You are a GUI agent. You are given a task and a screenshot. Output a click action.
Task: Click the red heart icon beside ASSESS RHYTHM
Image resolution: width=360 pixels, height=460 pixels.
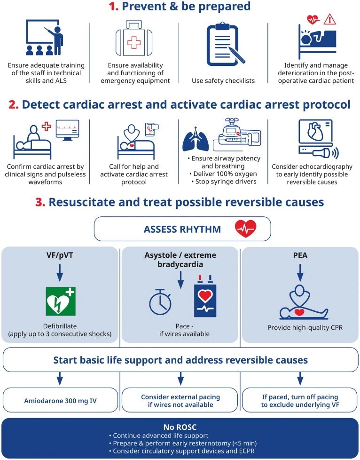(x=246, y=229)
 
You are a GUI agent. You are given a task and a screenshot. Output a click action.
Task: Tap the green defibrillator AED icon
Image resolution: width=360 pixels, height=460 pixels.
(x=60, y=301)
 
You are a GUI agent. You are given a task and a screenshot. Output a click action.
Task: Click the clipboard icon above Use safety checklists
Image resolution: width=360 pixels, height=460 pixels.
(x=225, y=45)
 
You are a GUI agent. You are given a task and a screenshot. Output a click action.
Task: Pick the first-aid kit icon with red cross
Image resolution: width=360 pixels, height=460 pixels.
(x=135, y=41)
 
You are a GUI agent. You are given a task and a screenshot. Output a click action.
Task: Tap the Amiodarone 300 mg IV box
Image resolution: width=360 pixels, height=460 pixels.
(x=60, y=400)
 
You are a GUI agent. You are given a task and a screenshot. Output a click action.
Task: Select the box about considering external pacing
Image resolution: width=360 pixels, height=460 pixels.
(x=180, y=401)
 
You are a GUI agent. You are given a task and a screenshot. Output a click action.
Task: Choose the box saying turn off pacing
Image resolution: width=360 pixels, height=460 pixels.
(x=300, y=401)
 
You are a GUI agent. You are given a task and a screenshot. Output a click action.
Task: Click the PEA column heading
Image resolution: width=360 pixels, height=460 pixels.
(x=300, y=255)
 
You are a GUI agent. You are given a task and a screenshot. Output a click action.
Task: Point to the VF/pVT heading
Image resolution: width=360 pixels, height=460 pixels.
(x=60, y=255)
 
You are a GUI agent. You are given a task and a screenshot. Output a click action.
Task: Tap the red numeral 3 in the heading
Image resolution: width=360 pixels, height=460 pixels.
(x=40, y=202)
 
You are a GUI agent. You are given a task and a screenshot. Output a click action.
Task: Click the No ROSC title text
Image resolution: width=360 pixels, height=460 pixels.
(x=180, y=428)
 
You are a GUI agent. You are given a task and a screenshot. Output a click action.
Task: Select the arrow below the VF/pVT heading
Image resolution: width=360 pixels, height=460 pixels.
(x=60, y=273)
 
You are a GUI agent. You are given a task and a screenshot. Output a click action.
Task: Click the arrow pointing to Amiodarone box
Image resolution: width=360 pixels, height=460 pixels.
(x=60, y=377)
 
